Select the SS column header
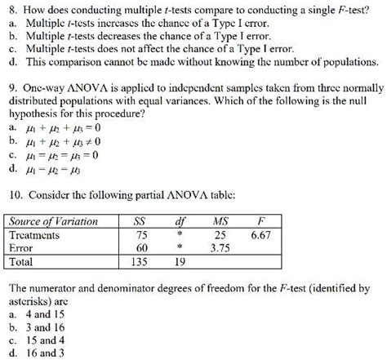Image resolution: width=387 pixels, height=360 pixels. point(140,221)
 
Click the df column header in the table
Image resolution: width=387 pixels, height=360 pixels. point(180,221)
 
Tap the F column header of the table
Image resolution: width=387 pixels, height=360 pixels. point(260,221)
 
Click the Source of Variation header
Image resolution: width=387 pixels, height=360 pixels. point(54,221)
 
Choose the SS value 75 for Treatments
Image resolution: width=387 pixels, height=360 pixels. point(140,234)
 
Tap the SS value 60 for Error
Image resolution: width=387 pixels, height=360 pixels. point(140,247)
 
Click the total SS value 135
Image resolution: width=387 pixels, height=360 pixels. point(140,262)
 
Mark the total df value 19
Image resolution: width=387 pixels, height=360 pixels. point(180,262)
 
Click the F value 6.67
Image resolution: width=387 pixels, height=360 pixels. point(260,234)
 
